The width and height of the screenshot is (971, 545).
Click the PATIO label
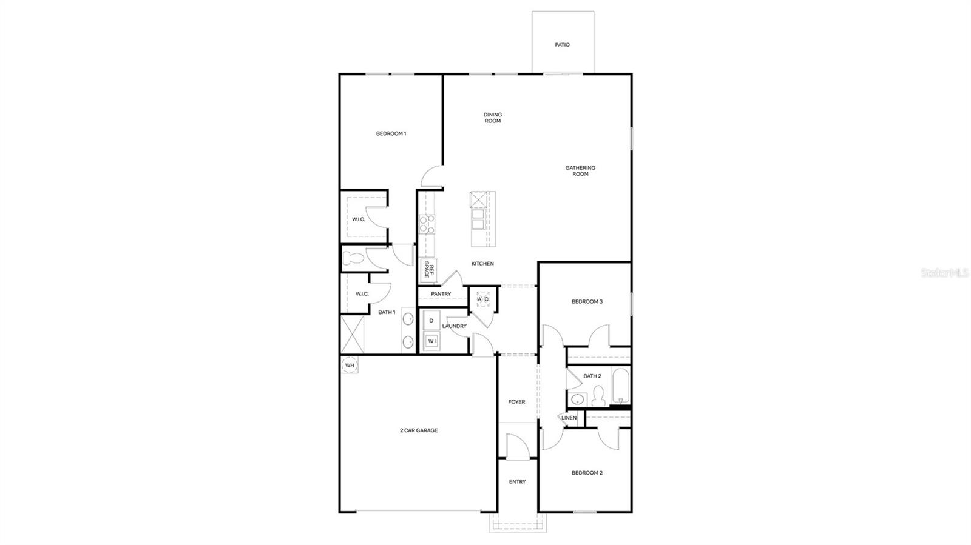coord(562,45)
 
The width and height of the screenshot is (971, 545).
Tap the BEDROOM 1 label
coord(391,133)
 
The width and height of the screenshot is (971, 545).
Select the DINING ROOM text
coord(492,118)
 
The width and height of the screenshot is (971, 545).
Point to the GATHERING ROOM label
coord(580,171)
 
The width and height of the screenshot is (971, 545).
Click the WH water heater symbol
coord(350,366)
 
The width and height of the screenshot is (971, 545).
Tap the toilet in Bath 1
coord(352,258)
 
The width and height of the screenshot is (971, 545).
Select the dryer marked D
coord(431,320)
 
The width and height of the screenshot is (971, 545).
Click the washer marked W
coord(431,341)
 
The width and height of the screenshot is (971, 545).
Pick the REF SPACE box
coord(428,270)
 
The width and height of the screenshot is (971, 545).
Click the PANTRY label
coord(441,294)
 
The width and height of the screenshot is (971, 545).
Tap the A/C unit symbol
coord(483,299)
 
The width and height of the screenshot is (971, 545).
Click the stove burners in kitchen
coord(427,225)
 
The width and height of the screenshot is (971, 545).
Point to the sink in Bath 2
coord(578,400)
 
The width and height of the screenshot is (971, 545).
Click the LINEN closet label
coord(569,418)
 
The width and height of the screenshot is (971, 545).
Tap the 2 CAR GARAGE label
coord(418,430)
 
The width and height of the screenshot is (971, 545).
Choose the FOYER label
coord(516,402)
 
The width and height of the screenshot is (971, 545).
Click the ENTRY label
coord(517,482)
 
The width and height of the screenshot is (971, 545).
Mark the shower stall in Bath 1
coord(352,334)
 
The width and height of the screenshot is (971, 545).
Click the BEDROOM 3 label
coord(586,301)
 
